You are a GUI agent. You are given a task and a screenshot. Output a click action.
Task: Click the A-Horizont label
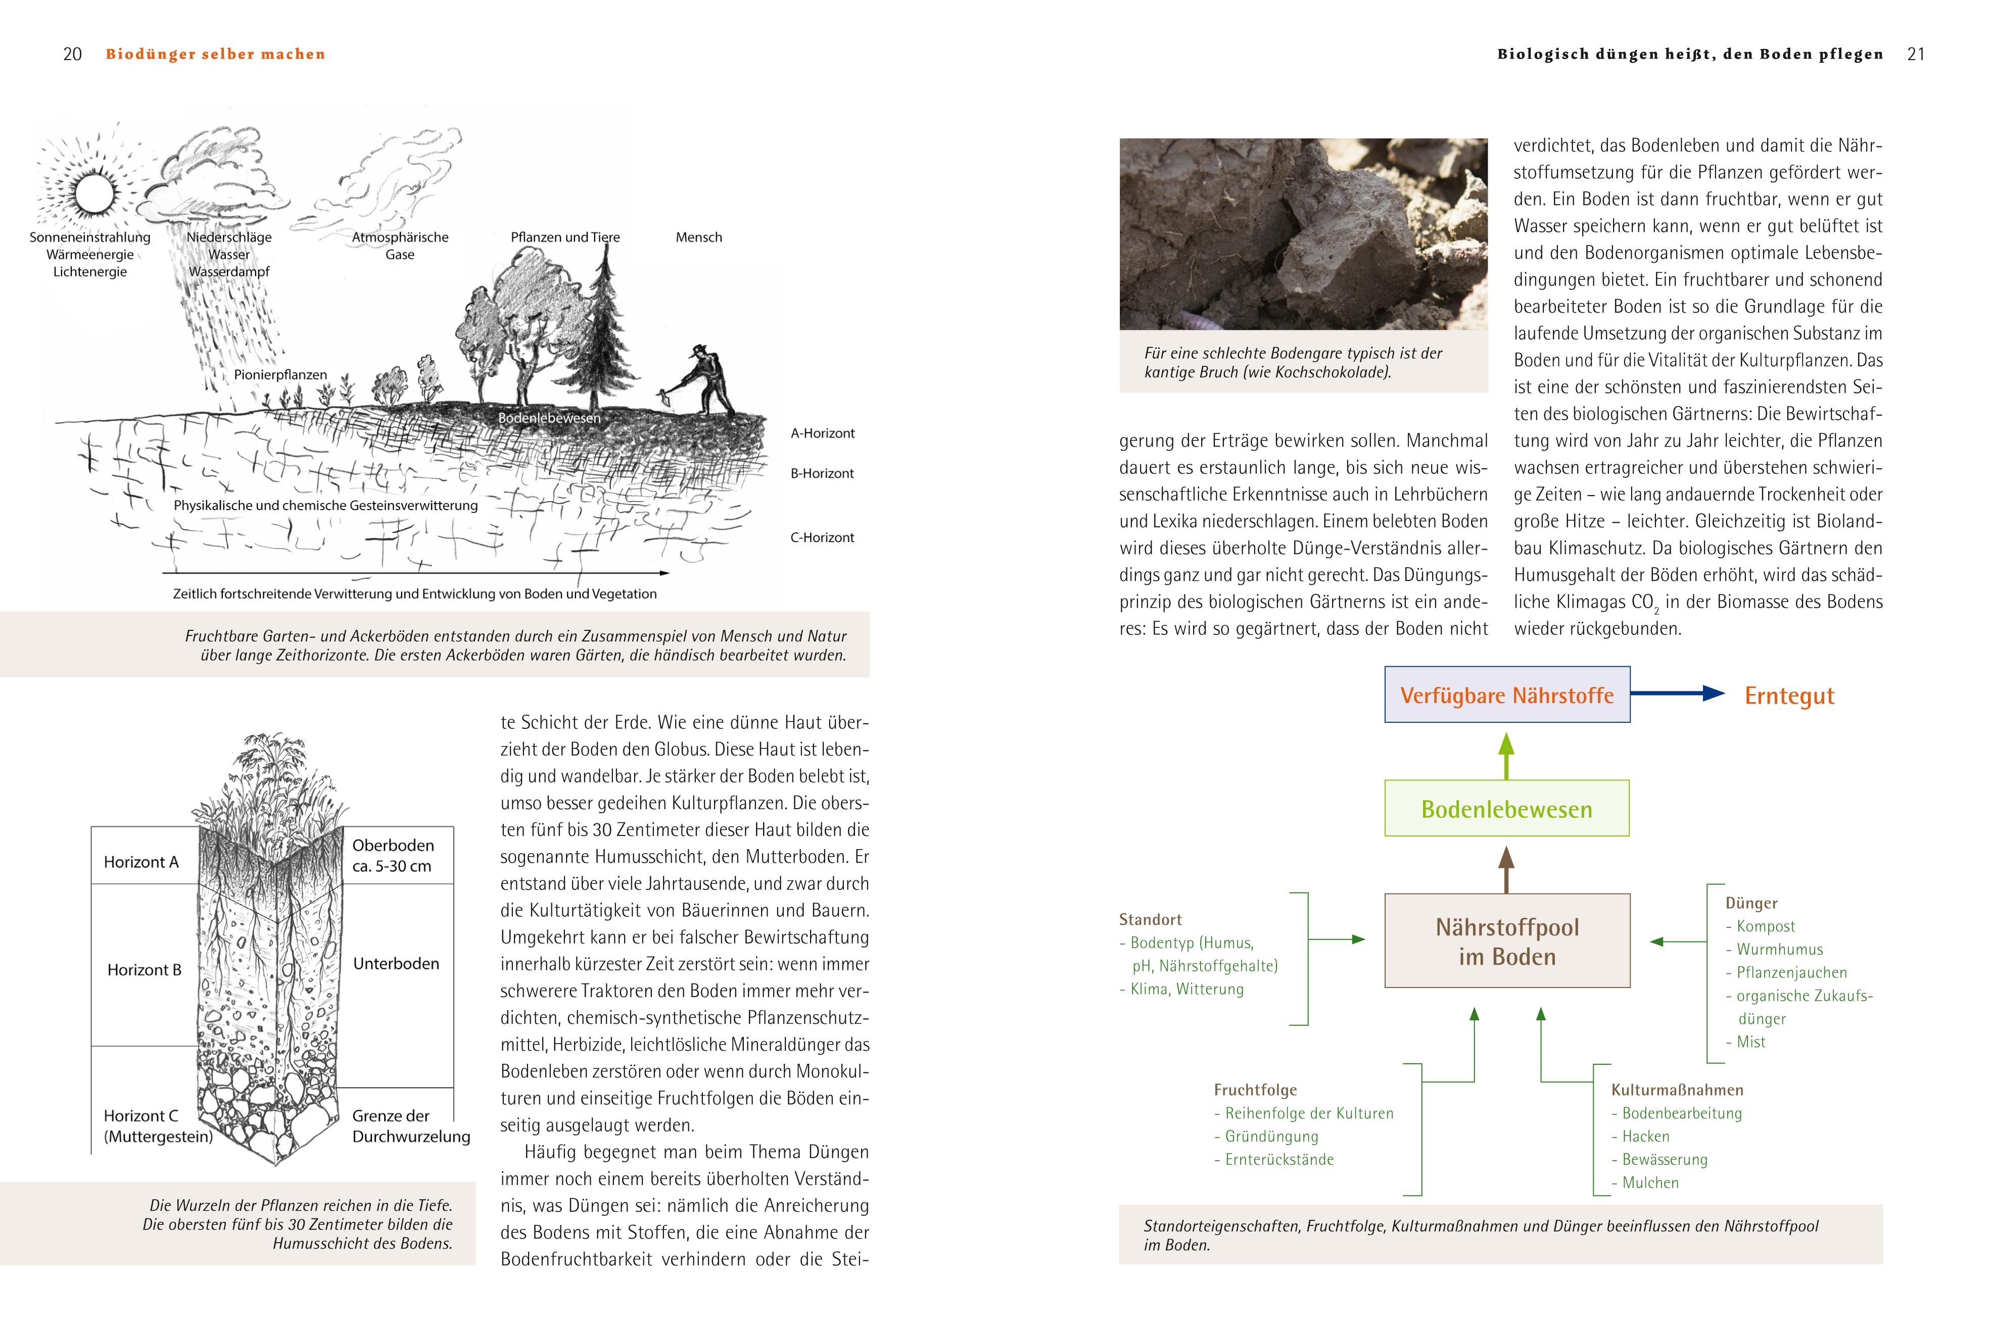[822, 433]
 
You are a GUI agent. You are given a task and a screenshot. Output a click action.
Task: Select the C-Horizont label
[822, 537]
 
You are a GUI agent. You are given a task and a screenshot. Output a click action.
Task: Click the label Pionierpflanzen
[280, 375]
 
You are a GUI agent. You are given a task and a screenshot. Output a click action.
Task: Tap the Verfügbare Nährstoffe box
[1506, 695]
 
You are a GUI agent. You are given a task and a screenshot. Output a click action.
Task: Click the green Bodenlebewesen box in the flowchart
[1506, 808]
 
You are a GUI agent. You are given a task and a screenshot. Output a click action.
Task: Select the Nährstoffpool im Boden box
[1506, 941]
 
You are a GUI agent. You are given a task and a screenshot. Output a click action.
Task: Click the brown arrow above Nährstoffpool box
[1506, 868]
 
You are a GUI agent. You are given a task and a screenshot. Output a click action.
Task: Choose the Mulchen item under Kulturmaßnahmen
[1649, 1182]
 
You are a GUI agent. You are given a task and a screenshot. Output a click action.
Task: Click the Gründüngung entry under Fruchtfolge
[1271, 1136]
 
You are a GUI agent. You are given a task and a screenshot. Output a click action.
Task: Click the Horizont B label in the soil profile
[144, 970]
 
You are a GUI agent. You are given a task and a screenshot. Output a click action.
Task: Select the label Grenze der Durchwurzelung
[410, 1125]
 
